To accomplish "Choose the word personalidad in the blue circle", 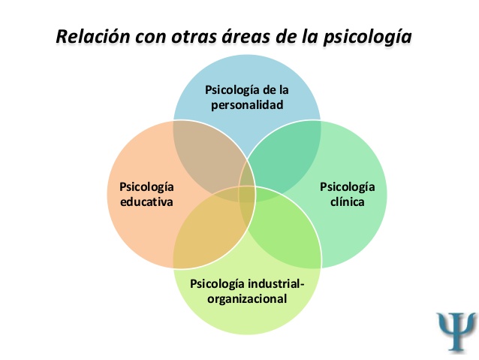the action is tap(247, 105).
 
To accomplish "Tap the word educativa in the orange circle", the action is tap(147, 202).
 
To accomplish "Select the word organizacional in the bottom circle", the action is tap(249, 298).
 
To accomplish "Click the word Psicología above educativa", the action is tap(147, 187).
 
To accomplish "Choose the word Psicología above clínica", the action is tap(348, 186).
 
